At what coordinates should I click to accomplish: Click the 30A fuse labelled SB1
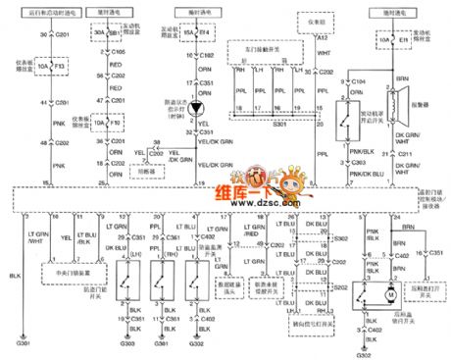point(103,33)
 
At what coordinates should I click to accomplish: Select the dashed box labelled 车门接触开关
point(260,46)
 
